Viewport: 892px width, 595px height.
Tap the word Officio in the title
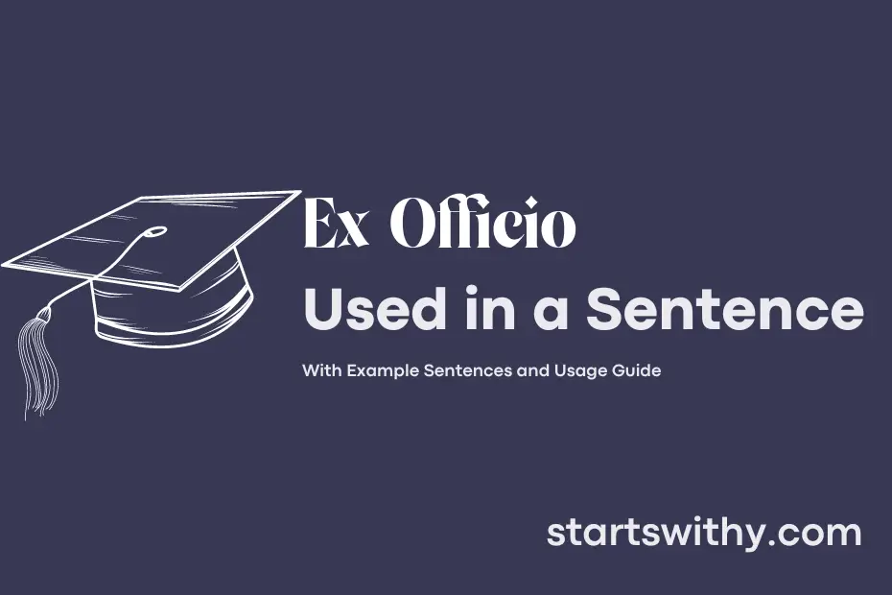point(482,223)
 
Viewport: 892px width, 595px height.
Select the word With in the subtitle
point(322,370)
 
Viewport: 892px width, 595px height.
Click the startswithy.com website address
point(704,533)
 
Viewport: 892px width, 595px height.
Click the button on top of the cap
point(154,231)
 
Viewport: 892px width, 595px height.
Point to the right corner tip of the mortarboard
point(300,191)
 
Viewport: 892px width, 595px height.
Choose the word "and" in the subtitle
point(532,370)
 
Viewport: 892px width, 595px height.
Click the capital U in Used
point(325,309)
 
